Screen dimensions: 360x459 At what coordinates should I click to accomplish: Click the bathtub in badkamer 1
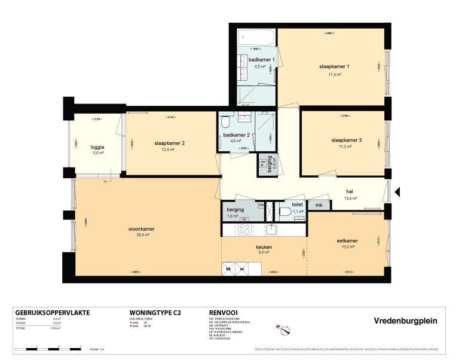pyautogui.click(x=256, y=39)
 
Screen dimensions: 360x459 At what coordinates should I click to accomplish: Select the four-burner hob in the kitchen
pyautogui.click(x=244, y=230)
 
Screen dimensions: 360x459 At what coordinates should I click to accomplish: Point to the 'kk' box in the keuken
pyautogui.click(x=228, y=269)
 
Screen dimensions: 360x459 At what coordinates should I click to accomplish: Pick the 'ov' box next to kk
pyautogui.click(x=242, y=269)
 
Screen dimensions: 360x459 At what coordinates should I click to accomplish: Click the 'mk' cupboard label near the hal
pyautogui.click(x=319, y=206)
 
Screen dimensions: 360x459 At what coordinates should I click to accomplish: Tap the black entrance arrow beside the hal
pyautogui.click(x=399, y=193)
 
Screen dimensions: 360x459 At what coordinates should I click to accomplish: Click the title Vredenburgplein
pyautogui.click(x=405, y=321)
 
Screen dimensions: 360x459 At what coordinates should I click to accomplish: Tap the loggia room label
pyautogui.click(x=97, y=147)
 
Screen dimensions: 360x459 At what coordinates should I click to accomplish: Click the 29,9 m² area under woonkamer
pyautogui.click(x=142, y=235)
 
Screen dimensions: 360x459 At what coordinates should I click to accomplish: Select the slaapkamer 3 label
pyautogui.click(x=347, y=140)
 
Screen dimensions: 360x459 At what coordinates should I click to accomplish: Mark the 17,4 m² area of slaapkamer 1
pyautogui.click(x=335, y=75)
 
